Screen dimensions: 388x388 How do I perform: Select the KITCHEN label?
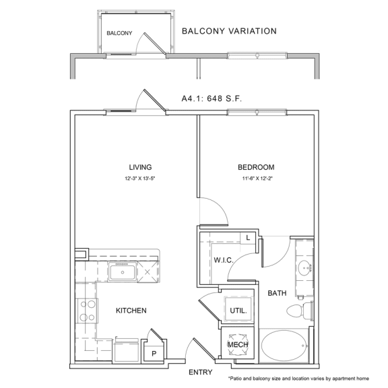click(131, 311)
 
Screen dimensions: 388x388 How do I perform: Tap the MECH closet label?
click(237, 345)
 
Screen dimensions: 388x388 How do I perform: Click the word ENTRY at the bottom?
click(201, 372)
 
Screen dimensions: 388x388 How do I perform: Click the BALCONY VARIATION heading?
click(229, 31)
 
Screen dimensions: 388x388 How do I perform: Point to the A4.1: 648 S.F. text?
click(211, 98)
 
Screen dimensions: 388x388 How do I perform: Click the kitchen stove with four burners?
click(86, 312)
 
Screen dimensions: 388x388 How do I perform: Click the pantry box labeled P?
click(154, 353)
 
